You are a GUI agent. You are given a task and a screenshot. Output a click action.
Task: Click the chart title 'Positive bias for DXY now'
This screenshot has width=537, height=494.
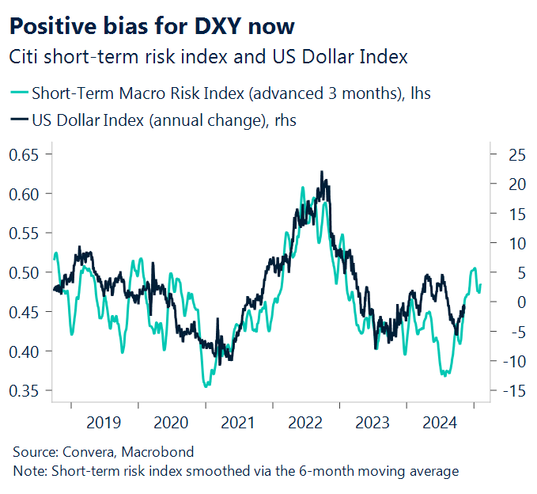point(151,25)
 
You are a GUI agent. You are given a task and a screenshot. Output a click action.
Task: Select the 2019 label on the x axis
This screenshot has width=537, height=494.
point(104,423)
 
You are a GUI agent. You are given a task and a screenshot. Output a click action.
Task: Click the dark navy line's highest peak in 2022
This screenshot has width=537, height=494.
point(322,172)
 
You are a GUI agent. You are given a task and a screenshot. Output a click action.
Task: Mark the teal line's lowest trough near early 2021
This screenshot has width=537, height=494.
point(206,386)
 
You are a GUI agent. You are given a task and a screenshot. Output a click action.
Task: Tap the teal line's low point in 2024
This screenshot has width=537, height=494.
point(444,375)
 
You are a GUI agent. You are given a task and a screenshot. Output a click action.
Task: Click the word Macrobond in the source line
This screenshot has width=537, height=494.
point(161,452)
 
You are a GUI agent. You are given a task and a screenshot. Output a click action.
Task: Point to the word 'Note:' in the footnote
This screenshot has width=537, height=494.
point(29,471)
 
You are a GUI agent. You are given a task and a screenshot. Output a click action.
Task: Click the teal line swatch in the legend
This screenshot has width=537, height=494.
point(18,94)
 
